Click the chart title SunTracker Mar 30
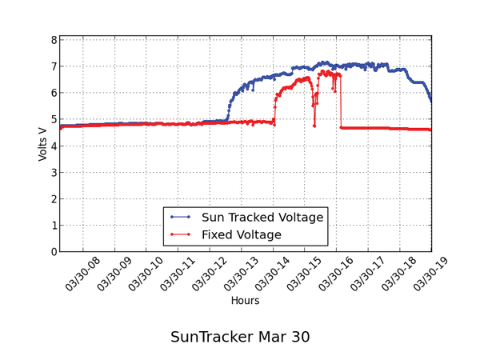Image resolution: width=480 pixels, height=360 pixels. pyautogui.click(x=240, y=337)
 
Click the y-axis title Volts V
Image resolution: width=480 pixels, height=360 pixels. pyautogui.click(x=43, y=145)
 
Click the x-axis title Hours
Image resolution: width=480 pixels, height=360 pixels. pyautogui.click(x=245, y=301)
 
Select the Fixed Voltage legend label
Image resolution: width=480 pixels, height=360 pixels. pyautogui.click(x=242, y=234)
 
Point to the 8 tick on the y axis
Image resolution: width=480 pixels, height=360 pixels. pyautogui.click(x=53, y=40)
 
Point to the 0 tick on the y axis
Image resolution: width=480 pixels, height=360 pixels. pyautogui.click(x=53, y=252)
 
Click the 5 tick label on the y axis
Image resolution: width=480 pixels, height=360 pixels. pyautogui.click(x=53, y=119)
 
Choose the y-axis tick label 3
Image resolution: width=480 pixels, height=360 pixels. pyautogui.click(x=53, y=173)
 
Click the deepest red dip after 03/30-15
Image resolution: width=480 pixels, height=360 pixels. pyautogui.click(x=314, y=125)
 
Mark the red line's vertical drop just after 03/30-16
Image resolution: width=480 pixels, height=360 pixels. pyautogui.click(x=341, y=102)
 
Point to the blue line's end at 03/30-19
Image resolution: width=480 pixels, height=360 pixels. pyautogui.click(x=431, y=101)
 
